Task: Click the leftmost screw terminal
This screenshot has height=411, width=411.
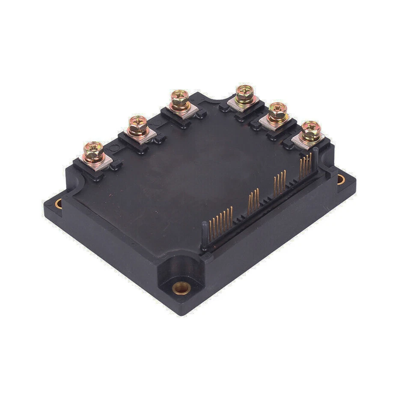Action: (93, 151)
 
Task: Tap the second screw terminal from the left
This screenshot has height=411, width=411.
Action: (138, 125)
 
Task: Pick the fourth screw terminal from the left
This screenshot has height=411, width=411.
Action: (244, 94)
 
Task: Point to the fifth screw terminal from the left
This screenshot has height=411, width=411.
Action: (277, 112)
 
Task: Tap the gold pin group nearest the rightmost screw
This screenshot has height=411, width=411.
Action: (305, 165)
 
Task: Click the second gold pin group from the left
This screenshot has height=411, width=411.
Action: (253, 199)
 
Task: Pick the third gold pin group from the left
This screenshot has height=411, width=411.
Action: (280, 182)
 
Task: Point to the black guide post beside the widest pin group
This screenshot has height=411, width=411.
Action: (205, 235)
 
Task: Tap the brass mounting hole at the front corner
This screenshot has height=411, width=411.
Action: (182, 289)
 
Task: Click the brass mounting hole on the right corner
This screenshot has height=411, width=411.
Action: (341, 179)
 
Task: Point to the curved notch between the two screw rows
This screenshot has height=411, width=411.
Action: (212, 98)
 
